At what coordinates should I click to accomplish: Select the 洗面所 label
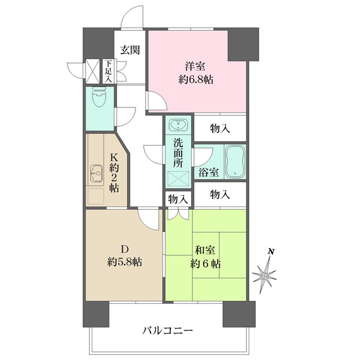coord(179,152)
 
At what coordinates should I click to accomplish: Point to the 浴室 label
coord(209,171)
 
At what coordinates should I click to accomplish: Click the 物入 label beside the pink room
coord(220,128)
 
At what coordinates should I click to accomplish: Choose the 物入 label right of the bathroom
coord(220,194)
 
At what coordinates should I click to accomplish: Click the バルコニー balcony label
coord(167,330)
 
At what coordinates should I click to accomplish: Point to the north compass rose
coord(265,274)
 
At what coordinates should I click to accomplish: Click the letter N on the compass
coord(271,251)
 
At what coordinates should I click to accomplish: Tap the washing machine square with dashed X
coord(179,179)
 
